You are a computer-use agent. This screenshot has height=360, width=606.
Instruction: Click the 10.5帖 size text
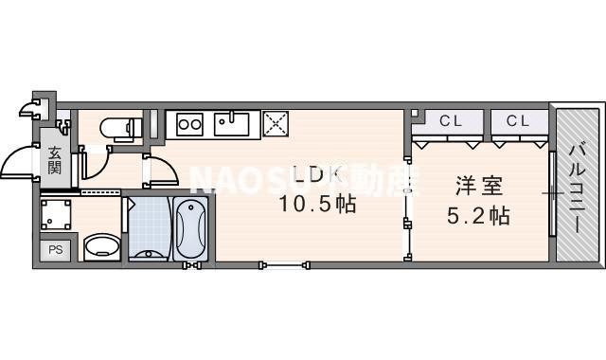pos(317,203)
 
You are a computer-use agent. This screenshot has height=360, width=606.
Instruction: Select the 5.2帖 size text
pos(478,216)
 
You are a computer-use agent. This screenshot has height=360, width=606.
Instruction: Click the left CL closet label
pos(449,121)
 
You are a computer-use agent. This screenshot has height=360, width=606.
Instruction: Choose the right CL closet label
pos(517,121)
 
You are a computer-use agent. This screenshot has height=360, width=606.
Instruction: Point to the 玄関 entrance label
pos(55,160)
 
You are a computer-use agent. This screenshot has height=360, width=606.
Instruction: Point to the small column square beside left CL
pos(414,115)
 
